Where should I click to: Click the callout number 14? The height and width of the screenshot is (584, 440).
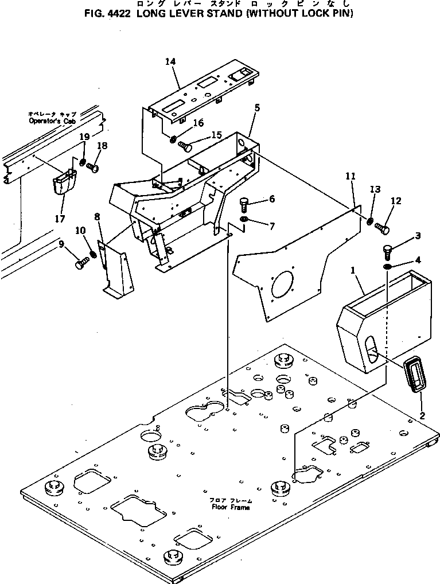pos(170,61)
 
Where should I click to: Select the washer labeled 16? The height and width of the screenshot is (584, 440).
pos(173,138)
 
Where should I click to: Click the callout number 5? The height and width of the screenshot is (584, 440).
pos(257,107)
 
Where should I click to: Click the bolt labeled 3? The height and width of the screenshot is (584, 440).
pos(387,251)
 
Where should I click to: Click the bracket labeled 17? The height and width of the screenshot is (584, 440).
pos(63,184)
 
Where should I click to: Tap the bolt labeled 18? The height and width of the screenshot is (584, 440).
pos(91,168)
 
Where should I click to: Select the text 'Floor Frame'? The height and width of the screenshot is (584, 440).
pos(230,508)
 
